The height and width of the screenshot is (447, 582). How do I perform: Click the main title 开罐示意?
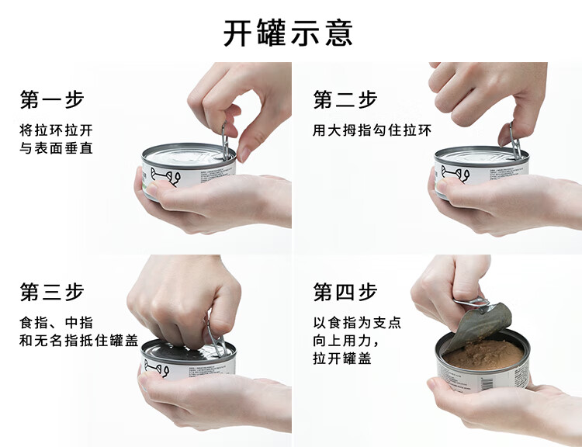pyautogui.click(x=288, y=33)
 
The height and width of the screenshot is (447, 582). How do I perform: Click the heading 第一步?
pyautogui.click(x=52, y=99)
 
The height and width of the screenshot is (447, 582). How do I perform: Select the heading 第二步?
pyautogui.click(x=345, y=99)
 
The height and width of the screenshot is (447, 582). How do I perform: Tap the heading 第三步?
pyautogui.click(x=52, y=292)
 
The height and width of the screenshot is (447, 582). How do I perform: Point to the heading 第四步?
pyautogui.click(x=345, y=292)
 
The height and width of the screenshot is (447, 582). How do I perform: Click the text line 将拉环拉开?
pyautogui.click(x=56, y=130)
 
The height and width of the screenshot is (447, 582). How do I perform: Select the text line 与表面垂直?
pyautogui.click(x=56, y=148)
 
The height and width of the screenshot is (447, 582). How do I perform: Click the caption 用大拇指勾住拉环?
pyautogui.click(x=372, y=130)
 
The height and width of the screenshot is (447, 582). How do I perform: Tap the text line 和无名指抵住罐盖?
pyautogui.click(x=78, y=341)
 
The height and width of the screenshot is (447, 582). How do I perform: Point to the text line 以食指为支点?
pyautogui.click(x=357, y=323)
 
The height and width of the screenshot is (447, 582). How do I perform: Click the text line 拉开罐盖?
pyautogui.click(x=342, y=359)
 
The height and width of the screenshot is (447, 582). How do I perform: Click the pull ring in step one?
pyautogui.click(x=225, y=141)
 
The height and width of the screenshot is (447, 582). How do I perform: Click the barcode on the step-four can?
pyautogui.click(x=486, y=383)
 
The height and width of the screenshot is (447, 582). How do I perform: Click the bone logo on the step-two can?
pyautogui.click(x=455, y=174)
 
